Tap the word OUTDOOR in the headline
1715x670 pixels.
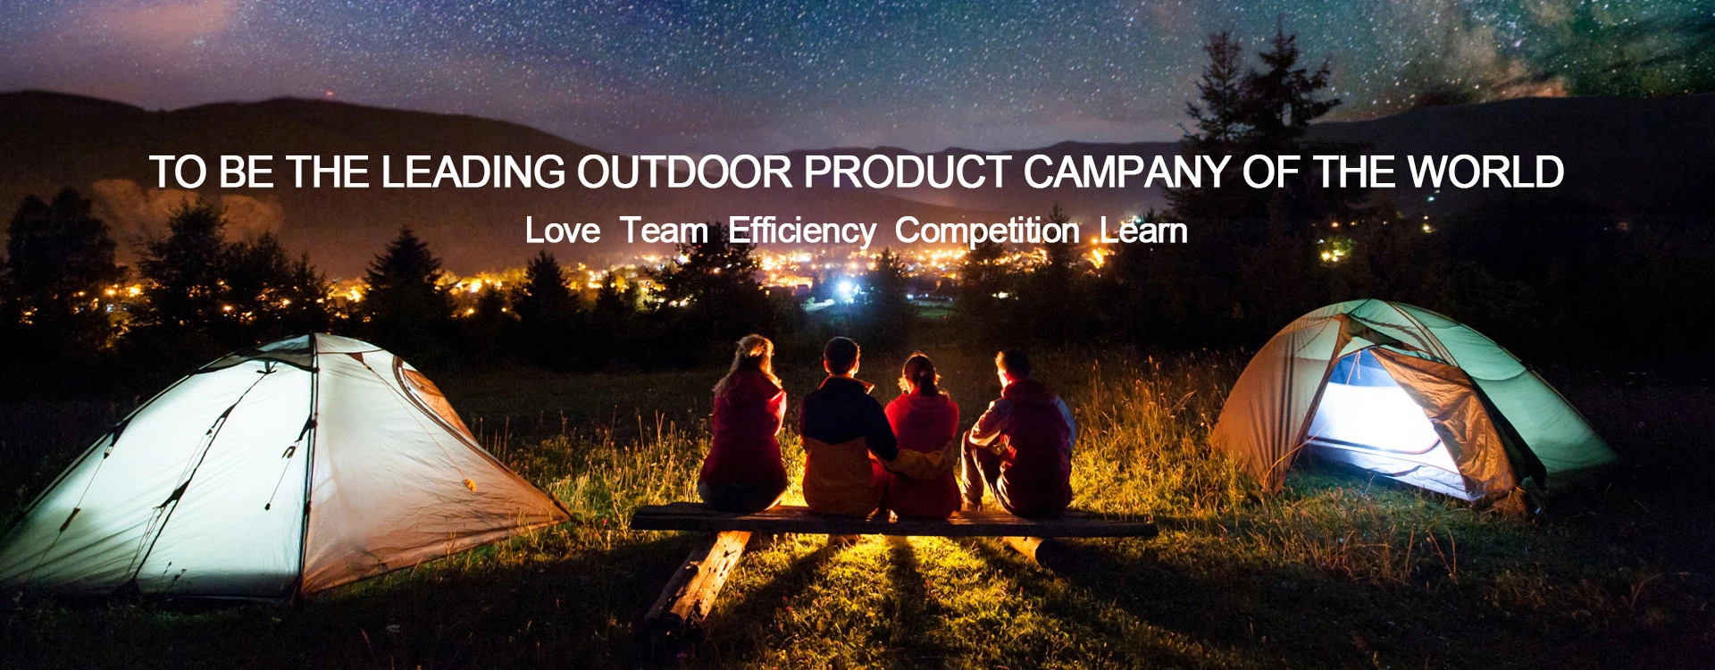pos(684,172)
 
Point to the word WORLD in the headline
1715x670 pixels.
pos(1485,172)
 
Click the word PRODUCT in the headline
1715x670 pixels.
pos(908,172)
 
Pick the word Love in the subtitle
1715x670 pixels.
pos(563,230)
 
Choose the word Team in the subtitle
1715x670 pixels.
pos(665,230)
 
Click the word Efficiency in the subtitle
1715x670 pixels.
pos(802,231)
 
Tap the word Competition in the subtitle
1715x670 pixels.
pos(987,231)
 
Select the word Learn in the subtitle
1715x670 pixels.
pos(1143,230)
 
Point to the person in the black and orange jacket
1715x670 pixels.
pos(844,429)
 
